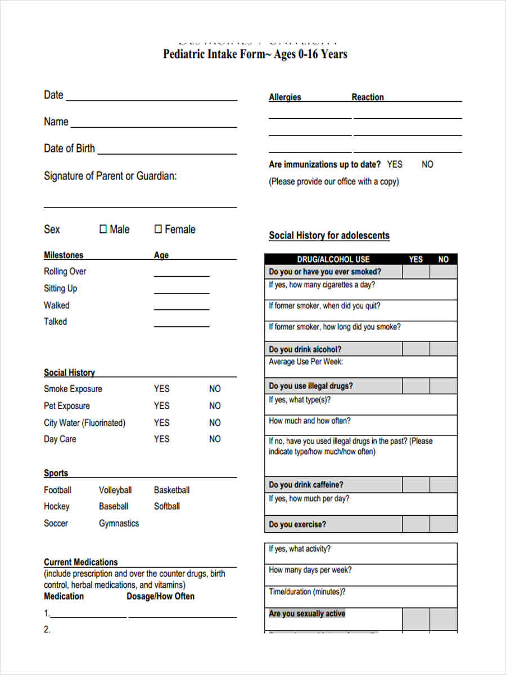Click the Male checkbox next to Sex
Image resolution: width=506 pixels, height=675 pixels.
tap(103, 229)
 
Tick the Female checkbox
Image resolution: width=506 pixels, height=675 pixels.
tap(158, 229)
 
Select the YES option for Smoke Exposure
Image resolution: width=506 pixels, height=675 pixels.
tap(161, 389)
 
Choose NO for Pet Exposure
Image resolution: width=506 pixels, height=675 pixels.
tap(215, 406)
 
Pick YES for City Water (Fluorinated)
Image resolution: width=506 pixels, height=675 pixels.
tap(161, 422)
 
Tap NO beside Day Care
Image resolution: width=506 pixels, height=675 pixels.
tap(215, 439)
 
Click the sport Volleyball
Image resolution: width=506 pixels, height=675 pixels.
tap(115, 490)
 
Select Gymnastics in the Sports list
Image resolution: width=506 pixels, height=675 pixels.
tap(119, 523)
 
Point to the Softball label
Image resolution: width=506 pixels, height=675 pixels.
tap(167, 506)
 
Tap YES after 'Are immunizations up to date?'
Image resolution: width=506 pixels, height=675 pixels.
tap(395, 164)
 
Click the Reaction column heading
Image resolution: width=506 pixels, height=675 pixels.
tap(368, 97)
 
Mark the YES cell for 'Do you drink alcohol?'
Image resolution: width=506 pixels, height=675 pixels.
tap(416, 349)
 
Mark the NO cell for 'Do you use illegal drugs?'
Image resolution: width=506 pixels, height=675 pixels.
tap(444, 386)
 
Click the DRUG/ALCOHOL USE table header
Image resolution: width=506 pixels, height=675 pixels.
tap(333, 259)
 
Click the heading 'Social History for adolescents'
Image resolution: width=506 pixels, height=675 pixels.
tap(329, 236)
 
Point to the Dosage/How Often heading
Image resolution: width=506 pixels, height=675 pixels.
tap(161, 596)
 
